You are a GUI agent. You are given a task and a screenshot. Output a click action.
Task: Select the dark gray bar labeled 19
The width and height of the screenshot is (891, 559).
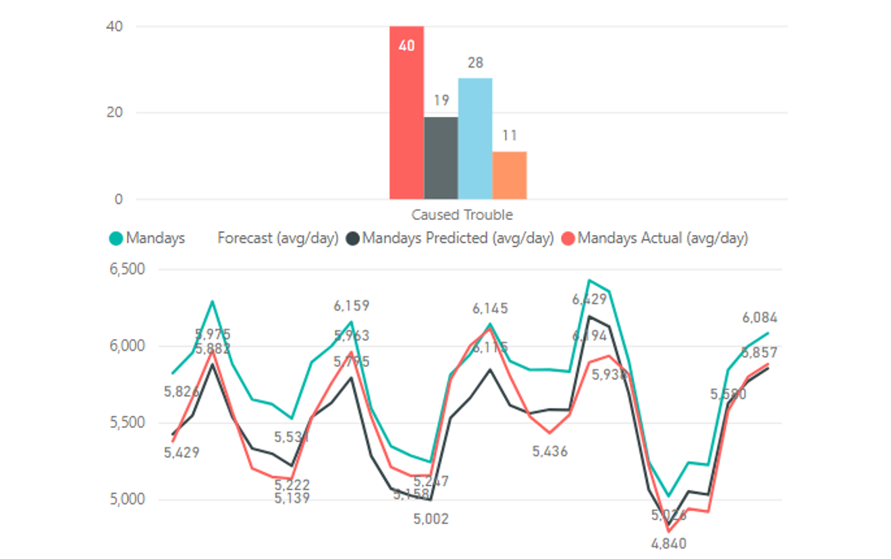tap(441, 158)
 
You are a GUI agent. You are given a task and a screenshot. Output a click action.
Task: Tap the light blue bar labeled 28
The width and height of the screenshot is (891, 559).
tap(475, 138)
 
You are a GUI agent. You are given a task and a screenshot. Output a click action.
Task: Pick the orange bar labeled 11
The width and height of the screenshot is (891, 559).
tap(510, 175)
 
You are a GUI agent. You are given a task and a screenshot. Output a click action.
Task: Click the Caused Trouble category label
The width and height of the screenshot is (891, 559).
tap(462, 215)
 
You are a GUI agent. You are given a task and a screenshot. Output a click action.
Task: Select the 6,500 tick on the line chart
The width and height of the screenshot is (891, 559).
tap(127, 269)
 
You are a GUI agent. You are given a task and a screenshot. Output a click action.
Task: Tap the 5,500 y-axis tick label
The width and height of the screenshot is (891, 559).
tap(127, 423)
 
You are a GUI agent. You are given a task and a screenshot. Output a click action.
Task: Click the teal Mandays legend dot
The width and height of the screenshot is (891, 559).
tap(116, 238)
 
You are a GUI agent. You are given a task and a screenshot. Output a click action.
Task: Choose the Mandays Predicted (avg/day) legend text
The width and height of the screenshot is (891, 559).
tap(458, 238)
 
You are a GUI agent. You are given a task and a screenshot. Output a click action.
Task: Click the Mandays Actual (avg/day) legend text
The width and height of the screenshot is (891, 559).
tap(663, 238)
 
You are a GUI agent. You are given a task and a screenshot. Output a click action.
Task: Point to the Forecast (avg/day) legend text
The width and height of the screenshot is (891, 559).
tap(277, 238)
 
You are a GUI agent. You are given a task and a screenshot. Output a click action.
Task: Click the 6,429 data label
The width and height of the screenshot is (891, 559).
tap(589, 299)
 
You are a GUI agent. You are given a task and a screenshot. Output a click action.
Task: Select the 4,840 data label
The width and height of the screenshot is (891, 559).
tap(669, 543)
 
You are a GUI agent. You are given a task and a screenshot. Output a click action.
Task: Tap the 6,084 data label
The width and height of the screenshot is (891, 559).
tap(759, 317)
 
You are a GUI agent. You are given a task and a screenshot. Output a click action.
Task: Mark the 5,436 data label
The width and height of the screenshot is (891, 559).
tap(549, 452)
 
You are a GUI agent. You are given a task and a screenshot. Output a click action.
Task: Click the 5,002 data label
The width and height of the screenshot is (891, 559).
tap(431, 518)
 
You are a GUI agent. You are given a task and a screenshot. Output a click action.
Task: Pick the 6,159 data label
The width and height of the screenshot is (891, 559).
tap(351, 306)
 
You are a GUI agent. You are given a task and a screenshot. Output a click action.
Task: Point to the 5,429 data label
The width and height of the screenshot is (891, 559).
tap(182, 452)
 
